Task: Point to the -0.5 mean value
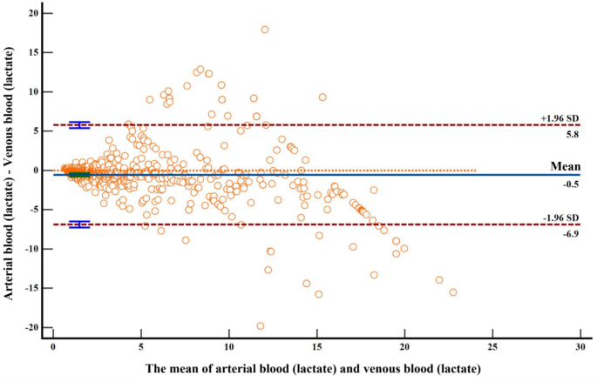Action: pos(569,183)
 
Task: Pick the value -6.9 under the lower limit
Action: pos(569,233)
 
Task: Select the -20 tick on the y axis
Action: pos(33,327)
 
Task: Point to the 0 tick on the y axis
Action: pos(38,171)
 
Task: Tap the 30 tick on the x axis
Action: pos(580,345)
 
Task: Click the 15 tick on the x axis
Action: pos(316,345)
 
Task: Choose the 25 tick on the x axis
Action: pos(492,345)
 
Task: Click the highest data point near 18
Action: pos(265,30)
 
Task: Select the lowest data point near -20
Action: pos(260,325)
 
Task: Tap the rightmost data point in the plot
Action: pos(453,292)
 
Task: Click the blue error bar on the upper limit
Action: pos(79,125)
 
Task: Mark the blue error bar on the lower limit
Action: pos(79,225)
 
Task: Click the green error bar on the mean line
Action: pos(79,175)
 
